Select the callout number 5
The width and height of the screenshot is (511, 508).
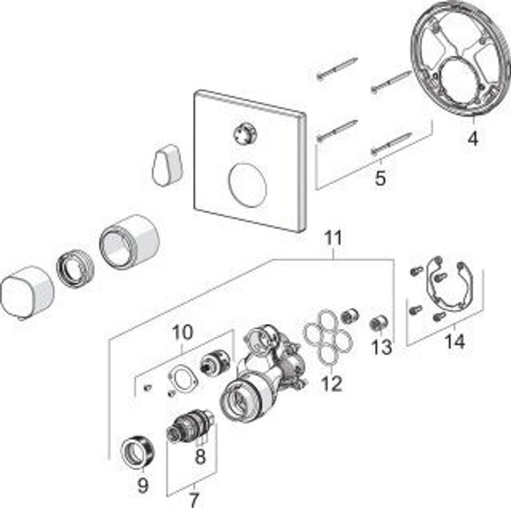(380, 178)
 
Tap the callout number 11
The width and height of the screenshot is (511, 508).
(333, 239)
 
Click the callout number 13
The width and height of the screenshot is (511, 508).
(382, 347)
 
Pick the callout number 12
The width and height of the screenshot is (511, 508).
(332, 383)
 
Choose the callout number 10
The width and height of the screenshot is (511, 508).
(182, 332)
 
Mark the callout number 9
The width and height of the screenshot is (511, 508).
(143, 485)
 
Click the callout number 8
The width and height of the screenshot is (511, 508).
(200, 456)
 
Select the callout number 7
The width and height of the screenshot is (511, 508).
(194, 499)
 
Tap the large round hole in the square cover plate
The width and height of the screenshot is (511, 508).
(248, 186)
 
